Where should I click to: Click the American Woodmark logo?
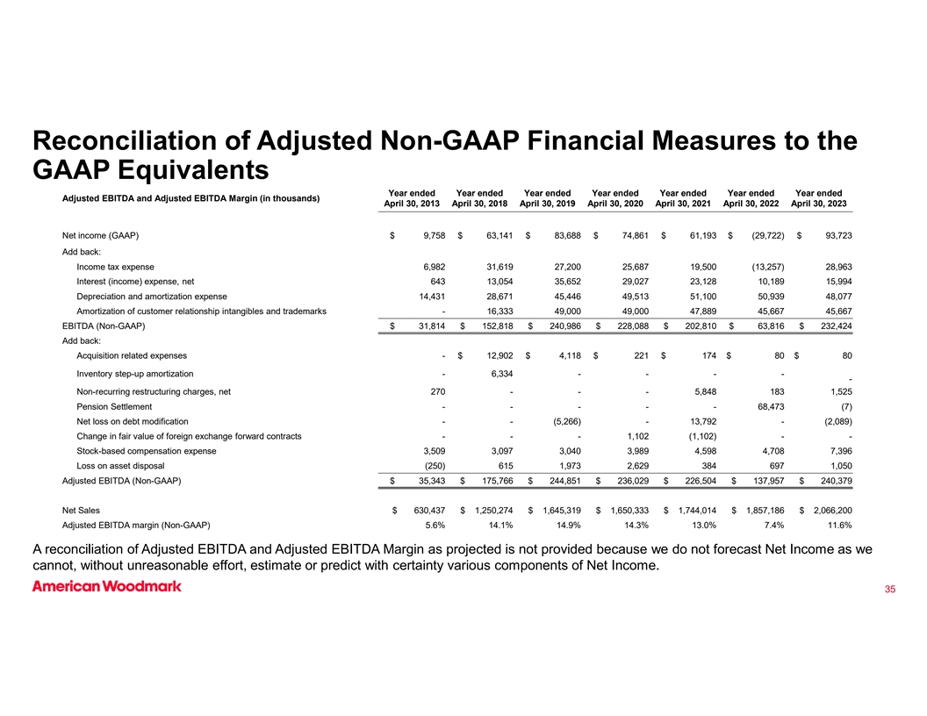pos(107,586)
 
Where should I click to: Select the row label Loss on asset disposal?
pos(121,464)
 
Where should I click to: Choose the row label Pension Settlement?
pos(114,406)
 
